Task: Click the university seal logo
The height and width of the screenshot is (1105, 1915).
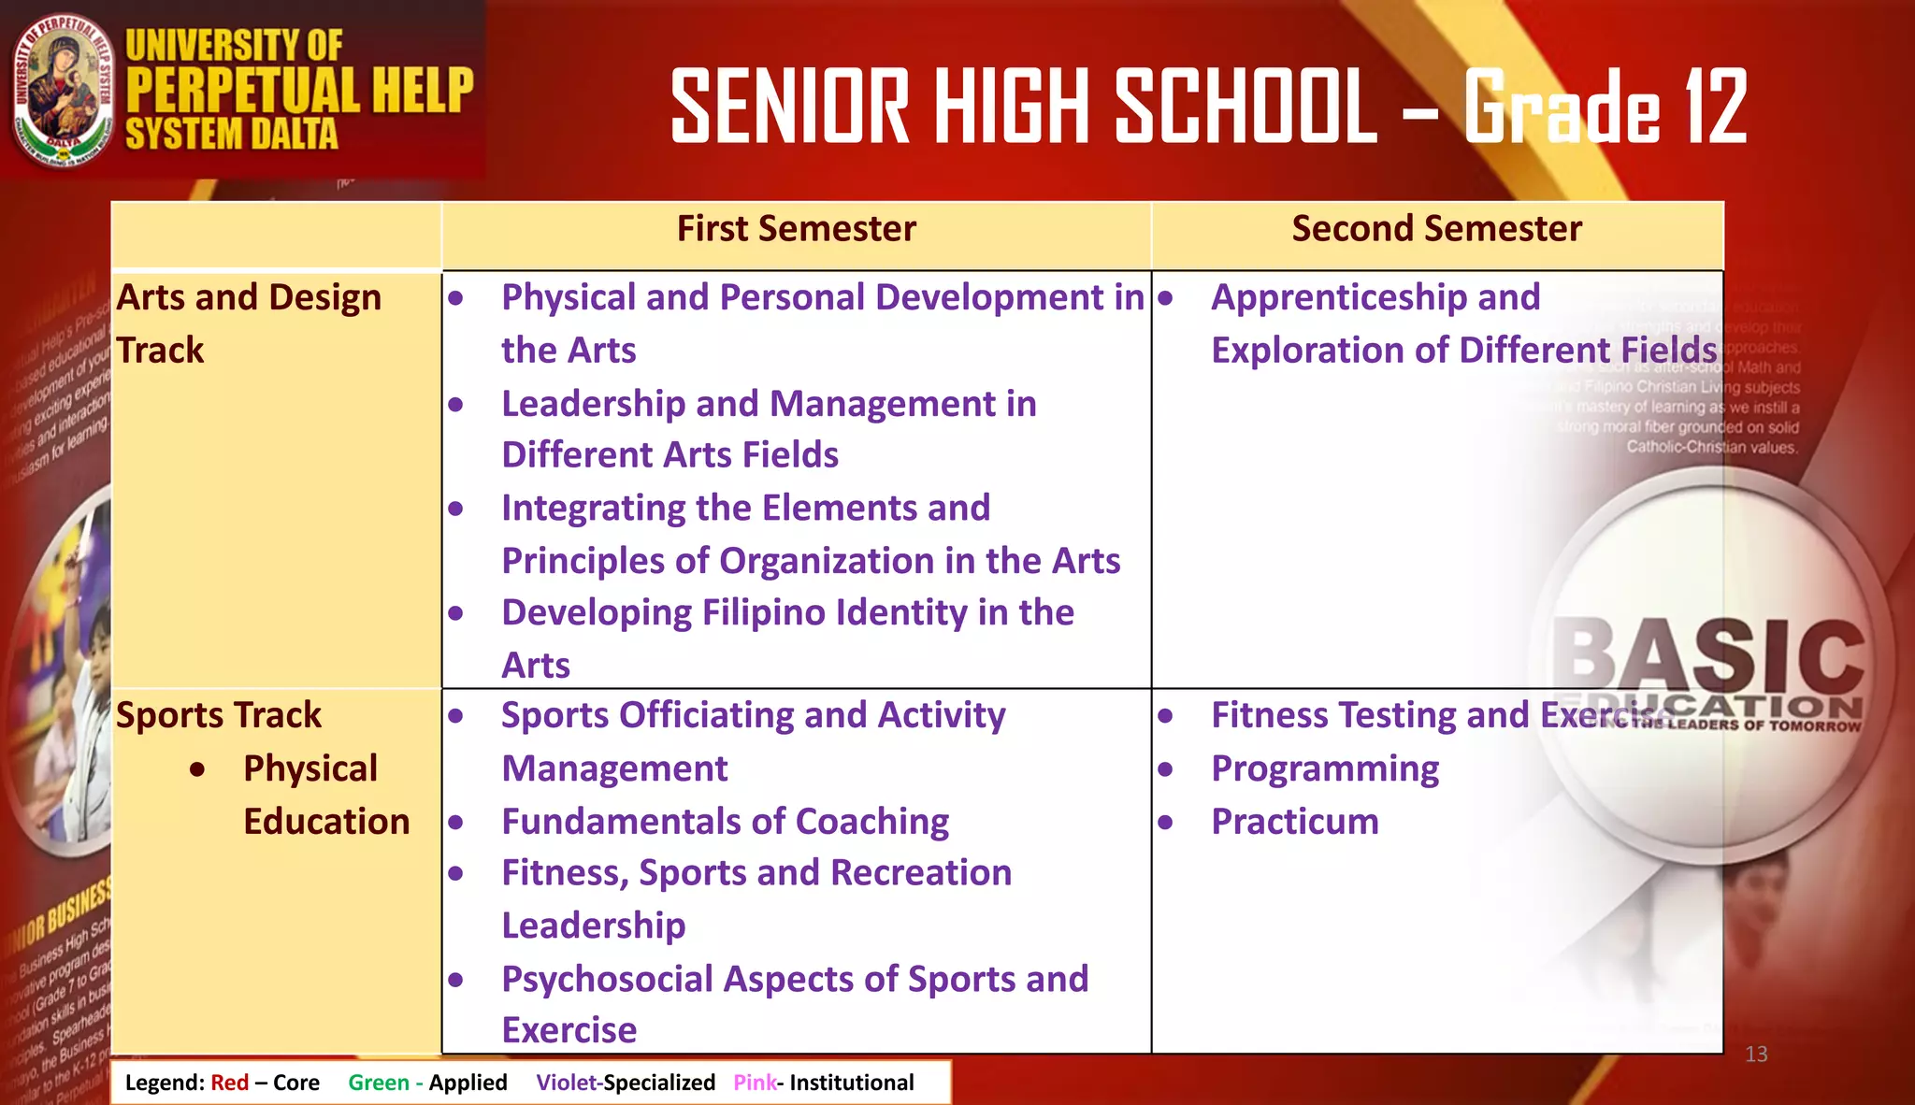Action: coord(63,91)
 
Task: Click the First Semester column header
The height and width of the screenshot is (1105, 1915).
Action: coord(796,229)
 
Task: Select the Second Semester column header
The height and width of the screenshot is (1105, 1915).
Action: coord(1436,229)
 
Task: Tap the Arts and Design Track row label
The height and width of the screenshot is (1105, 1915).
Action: coord(249,323)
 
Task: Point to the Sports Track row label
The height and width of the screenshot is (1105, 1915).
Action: coord(218,715)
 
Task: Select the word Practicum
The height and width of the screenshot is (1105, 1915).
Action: coord(1294,822)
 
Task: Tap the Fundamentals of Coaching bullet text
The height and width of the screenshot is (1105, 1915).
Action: coord(725,822)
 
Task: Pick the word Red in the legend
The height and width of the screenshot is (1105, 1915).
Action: coord(229,1083)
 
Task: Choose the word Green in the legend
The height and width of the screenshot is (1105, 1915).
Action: coord(379,1083)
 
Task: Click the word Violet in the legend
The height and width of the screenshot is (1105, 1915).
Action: coord(566,1083)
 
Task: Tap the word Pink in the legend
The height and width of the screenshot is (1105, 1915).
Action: coord(755,1083)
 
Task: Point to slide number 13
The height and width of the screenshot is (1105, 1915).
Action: coord(1756,1055)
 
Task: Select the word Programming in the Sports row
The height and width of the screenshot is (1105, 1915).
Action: coord(1325,768)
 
